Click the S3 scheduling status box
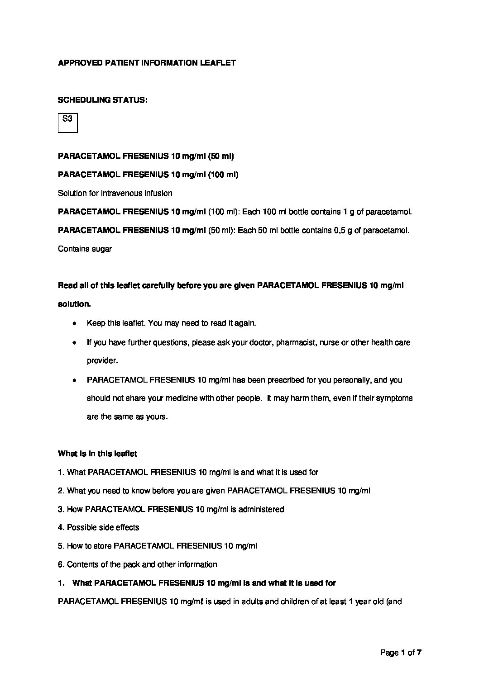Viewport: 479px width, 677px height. pyautogui.click(x=67, y=123)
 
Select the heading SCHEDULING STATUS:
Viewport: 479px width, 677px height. pyautogui.click(x=102, y=100)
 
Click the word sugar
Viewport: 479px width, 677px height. pyautogui.click(x=102, y=249)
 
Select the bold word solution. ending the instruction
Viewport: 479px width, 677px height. pyautogui.click(x=74, y=304)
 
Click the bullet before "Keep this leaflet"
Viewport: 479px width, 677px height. pyautogui.click(x=74, y=324)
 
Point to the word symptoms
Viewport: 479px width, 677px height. pyautogui.click(x=394, y=398)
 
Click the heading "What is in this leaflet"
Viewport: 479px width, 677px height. pyautogui.click(x=97, y=453)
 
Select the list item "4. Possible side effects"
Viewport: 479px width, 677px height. pyautogui.click(x=99, y=527)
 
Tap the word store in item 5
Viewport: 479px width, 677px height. pyautogui.click(x=102, y=546)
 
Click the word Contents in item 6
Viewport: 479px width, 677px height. pyautogui.click(x=82, y=564)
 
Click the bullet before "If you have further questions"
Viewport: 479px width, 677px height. pyautogui.click(x=74, y=343)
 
